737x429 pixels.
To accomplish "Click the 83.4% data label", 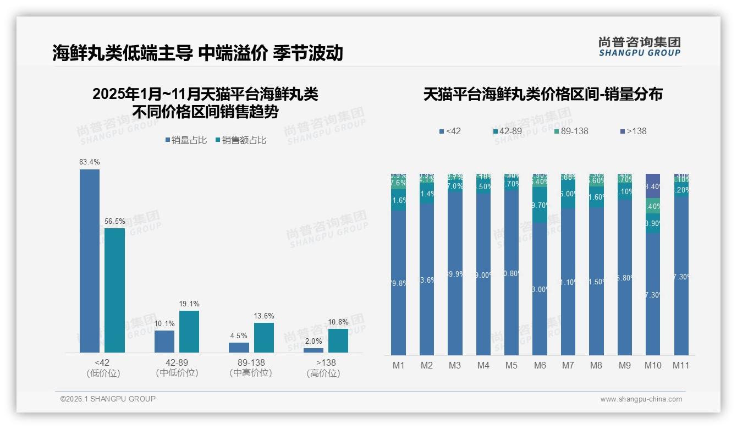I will click(90, 162).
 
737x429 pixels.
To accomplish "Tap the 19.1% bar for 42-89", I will click(189, 331).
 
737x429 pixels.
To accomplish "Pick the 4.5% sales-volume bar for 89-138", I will click(239, 347).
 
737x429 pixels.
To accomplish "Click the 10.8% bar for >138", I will click(338, 340).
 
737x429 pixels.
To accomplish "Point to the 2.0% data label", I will click(313, 341).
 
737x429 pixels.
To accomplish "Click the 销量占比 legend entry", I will click(186, 140).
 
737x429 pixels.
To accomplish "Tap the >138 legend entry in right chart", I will click(633, 131).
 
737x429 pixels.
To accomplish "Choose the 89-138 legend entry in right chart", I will click(570, 131).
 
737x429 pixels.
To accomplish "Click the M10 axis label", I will click(653, 365).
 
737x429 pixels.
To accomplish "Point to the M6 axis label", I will click(540, 365).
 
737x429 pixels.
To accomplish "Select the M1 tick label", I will click(398, 365).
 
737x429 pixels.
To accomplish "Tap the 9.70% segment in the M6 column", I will click(540, 205).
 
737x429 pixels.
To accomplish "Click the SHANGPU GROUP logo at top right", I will click(639, 47).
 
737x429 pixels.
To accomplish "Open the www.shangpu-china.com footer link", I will click(641, 399).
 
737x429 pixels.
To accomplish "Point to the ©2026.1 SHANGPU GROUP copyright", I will click(108, 399).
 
